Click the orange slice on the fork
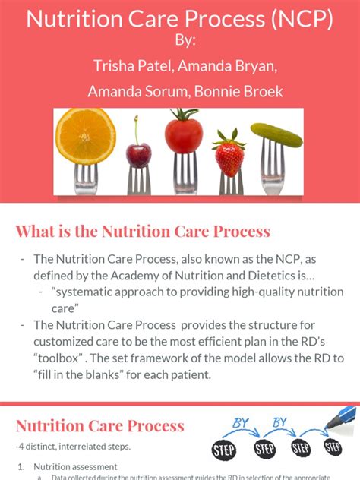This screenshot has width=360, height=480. [86, 134]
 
